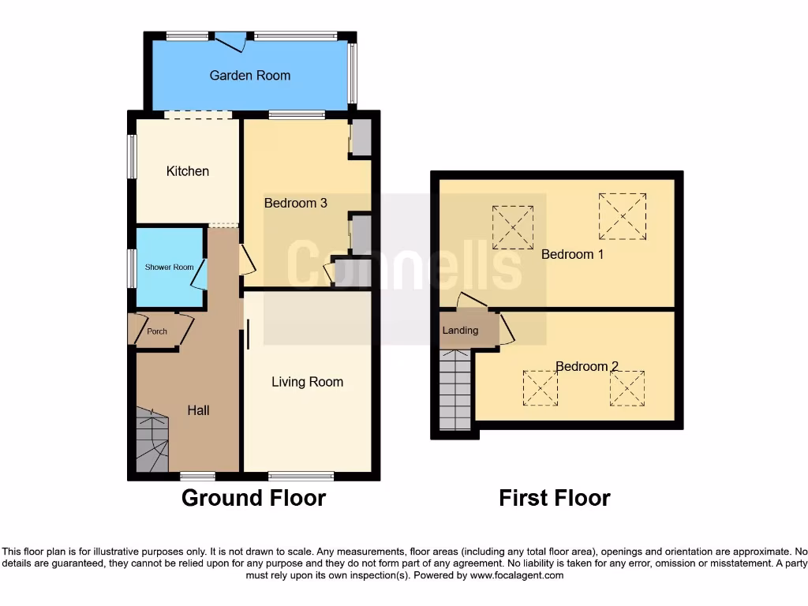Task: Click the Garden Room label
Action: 249,76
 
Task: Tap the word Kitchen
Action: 187,171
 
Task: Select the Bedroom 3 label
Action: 295,204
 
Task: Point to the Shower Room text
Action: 169,267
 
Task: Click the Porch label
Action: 157,331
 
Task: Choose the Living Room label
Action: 307,382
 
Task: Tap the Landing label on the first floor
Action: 460,331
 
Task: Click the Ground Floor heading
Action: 253,498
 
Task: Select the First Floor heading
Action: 554,498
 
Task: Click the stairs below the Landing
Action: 454,390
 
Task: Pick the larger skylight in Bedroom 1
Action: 623,216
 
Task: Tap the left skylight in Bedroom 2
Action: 541,388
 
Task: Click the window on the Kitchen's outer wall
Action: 133,156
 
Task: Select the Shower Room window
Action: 133,267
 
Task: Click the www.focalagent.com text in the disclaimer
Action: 516,576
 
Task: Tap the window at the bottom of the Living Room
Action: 301,476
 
